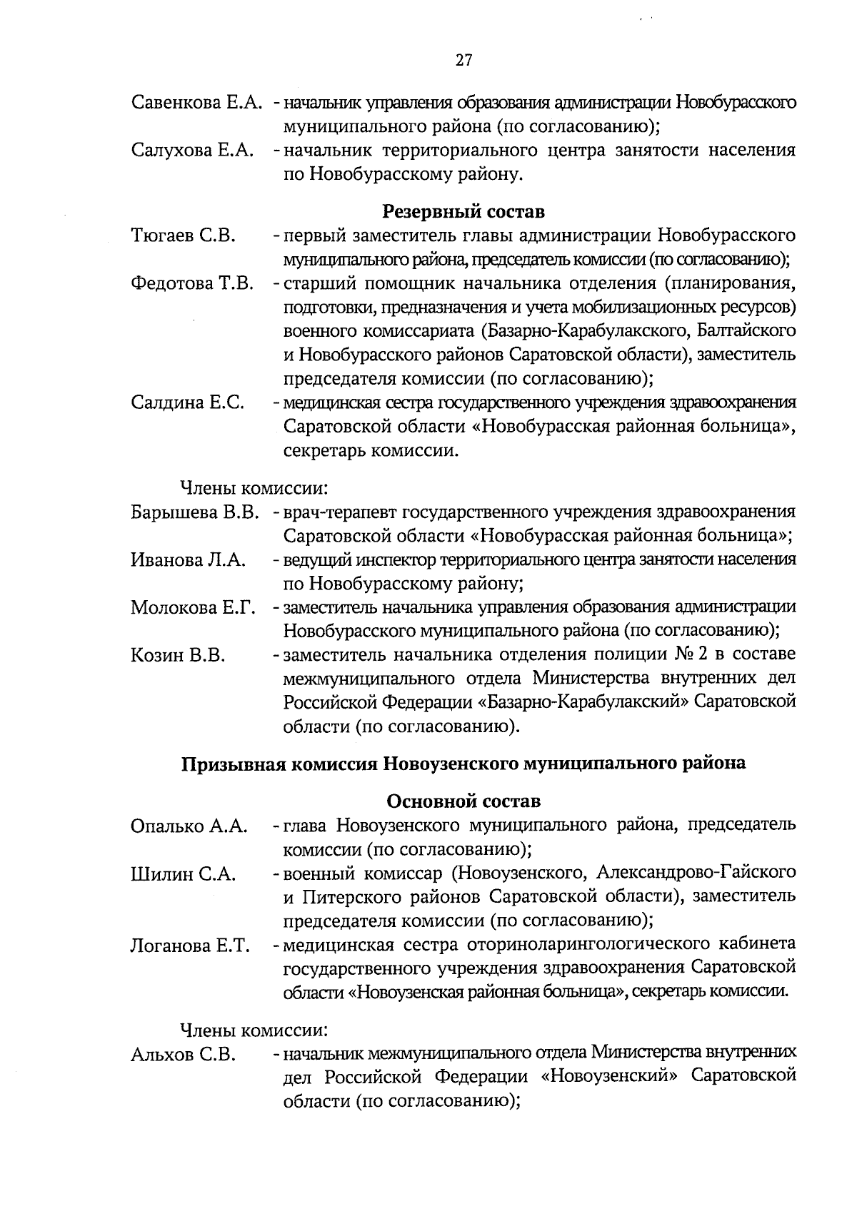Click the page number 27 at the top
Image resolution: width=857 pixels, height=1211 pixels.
tap(463, 60)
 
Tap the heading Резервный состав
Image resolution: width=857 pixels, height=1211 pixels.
tap(463, 211)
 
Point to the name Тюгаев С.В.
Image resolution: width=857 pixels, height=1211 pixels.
tap(183, 235)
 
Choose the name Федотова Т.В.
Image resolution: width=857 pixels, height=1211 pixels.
tap(192, 283)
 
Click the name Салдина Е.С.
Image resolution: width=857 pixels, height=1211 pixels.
tap(188, 402)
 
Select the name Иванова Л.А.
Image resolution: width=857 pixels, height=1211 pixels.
tap(189, 560)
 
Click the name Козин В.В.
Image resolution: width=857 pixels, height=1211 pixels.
tap(178, 655)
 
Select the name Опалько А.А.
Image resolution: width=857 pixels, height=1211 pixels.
tap(189, 826)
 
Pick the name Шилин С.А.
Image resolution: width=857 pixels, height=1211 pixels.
tap(183, 874)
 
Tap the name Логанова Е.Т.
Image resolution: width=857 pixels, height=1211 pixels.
tap(190, 946)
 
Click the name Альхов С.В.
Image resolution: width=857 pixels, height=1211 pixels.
tap(183, 1055)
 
